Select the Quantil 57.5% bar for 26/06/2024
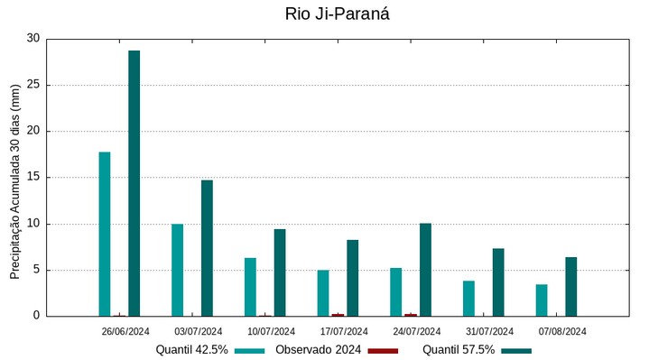(x=134, y=183)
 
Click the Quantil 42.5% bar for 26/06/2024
(x=105, y=234)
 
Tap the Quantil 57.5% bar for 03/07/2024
(x=207, y=248)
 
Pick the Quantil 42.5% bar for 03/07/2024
(x=178, y=270)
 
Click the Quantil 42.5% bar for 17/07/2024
(x=323, y=293)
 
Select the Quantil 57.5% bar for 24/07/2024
(x=425, y=270)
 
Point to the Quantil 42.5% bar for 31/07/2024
(x=468, y=299)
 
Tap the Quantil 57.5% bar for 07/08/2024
(x=570, y=287)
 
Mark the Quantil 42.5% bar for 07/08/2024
(x=542, y=300)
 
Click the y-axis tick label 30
(x=33, y=39)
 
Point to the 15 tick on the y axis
(x=33, y=178)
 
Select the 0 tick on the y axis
(x=36, y=316)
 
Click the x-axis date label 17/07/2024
(x=344, y=331)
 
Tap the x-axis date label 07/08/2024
(x=562, y=331)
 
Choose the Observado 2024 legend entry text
(x=318, y=350)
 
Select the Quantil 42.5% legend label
(x=191, y=350)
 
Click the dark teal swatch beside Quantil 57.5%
(x=516, y=350)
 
